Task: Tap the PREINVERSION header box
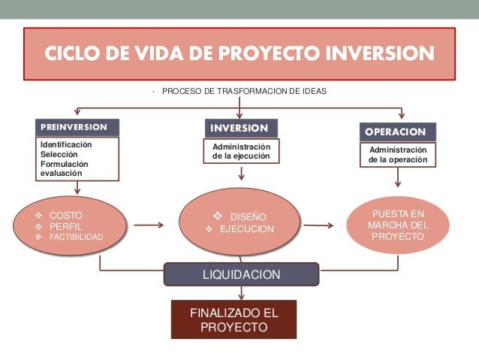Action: [77, 127]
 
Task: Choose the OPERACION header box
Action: [397, 132]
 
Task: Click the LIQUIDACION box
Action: [242, 275]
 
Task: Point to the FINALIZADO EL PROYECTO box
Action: [234, 320]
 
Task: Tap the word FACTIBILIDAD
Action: [77, 237]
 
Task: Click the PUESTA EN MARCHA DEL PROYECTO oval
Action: [398, 225]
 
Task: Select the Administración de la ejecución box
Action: [240, 151]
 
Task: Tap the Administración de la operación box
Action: [397, 155]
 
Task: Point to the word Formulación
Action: [64, 163]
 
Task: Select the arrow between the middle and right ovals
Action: [320, 224]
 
